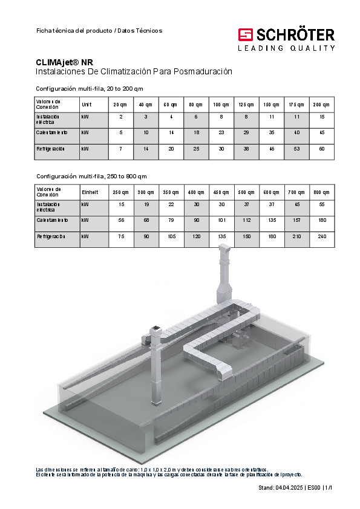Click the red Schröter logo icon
click(245, 34)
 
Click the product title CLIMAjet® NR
click(64, 62)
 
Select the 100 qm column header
click(221, 105)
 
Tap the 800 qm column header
click(321, 192)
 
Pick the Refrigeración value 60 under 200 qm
click(322, 149)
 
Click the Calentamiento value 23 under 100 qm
click(221, 132)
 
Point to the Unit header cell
click(87, 105)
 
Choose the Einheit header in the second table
click(90, 192)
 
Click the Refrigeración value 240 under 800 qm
click(322, 236)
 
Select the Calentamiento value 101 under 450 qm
click(222, 220)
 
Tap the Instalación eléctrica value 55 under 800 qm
click(322, 204)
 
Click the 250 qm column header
click(120, 192)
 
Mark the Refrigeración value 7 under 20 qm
click(121, 149)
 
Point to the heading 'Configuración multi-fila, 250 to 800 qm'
click(91, 177)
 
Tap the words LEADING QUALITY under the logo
click(286, 48)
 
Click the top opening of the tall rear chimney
click(224, 248)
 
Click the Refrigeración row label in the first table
click(50, 149)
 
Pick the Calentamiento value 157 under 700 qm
click(296, 220)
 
